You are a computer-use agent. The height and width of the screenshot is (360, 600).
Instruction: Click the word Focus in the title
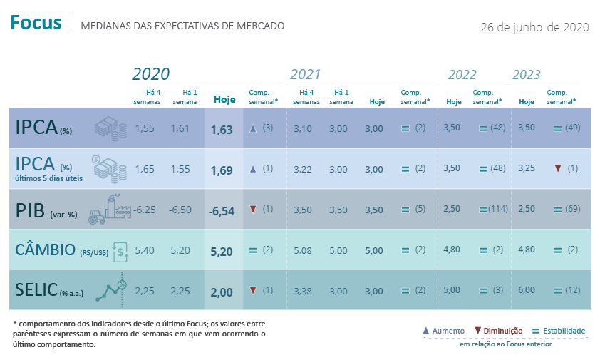click(36, 24)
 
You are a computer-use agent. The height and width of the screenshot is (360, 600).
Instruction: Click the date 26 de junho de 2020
click(534, 27)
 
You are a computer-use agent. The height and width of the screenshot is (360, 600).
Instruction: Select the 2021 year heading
click(305, 75)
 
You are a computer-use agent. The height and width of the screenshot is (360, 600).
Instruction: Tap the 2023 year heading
click(527, 75)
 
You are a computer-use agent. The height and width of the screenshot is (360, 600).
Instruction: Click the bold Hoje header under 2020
click(224, 100)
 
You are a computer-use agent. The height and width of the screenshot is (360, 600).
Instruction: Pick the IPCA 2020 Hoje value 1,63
click(222, 130)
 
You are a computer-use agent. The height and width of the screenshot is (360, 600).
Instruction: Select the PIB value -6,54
click(222, 210)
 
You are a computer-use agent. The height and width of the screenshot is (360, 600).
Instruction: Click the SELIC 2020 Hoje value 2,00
click(222, 291)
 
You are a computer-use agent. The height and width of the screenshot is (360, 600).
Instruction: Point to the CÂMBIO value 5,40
click(145, 250)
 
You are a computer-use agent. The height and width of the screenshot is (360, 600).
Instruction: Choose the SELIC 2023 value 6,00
click(527, 290)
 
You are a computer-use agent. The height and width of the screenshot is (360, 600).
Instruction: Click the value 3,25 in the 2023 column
click(527, 169)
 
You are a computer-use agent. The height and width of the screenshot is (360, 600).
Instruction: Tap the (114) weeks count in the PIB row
click(498, 210)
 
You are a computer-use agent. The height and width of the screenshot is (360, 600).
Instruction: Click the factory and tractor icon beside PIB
click(105, 208)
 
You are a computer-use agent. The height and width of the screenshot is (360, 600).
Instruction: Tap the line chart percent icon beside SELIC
click(113, 289)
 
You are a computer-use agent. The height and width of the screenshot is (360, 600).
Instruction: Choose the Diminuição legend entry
click(498, 331)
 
